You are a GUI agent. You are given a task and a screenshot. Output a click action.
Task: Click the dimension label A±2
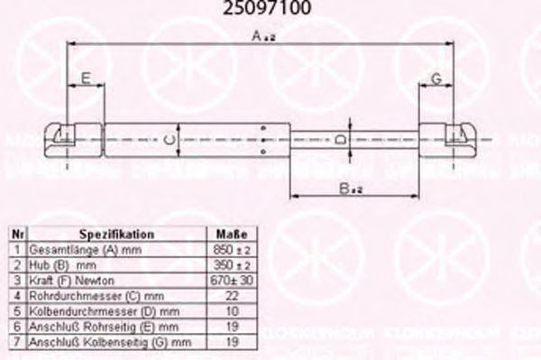click(x=263, y=35)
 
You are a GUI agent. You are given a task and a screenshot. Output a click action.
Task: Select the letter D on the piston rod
click(x=338, y=140)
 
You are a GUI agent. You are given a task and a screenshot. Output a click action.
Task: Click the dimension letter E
click(x=86, y=79)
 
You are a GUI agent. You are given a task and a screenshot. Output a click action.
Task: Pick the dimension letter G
click(x=435, y=79)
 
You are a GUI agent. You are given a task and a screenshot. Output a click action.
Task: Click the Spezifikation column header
click(x=116, y=234)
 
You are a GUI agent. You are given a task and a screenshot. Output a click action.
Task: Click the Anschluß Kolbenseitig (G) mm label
click(x=110, y=343)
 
